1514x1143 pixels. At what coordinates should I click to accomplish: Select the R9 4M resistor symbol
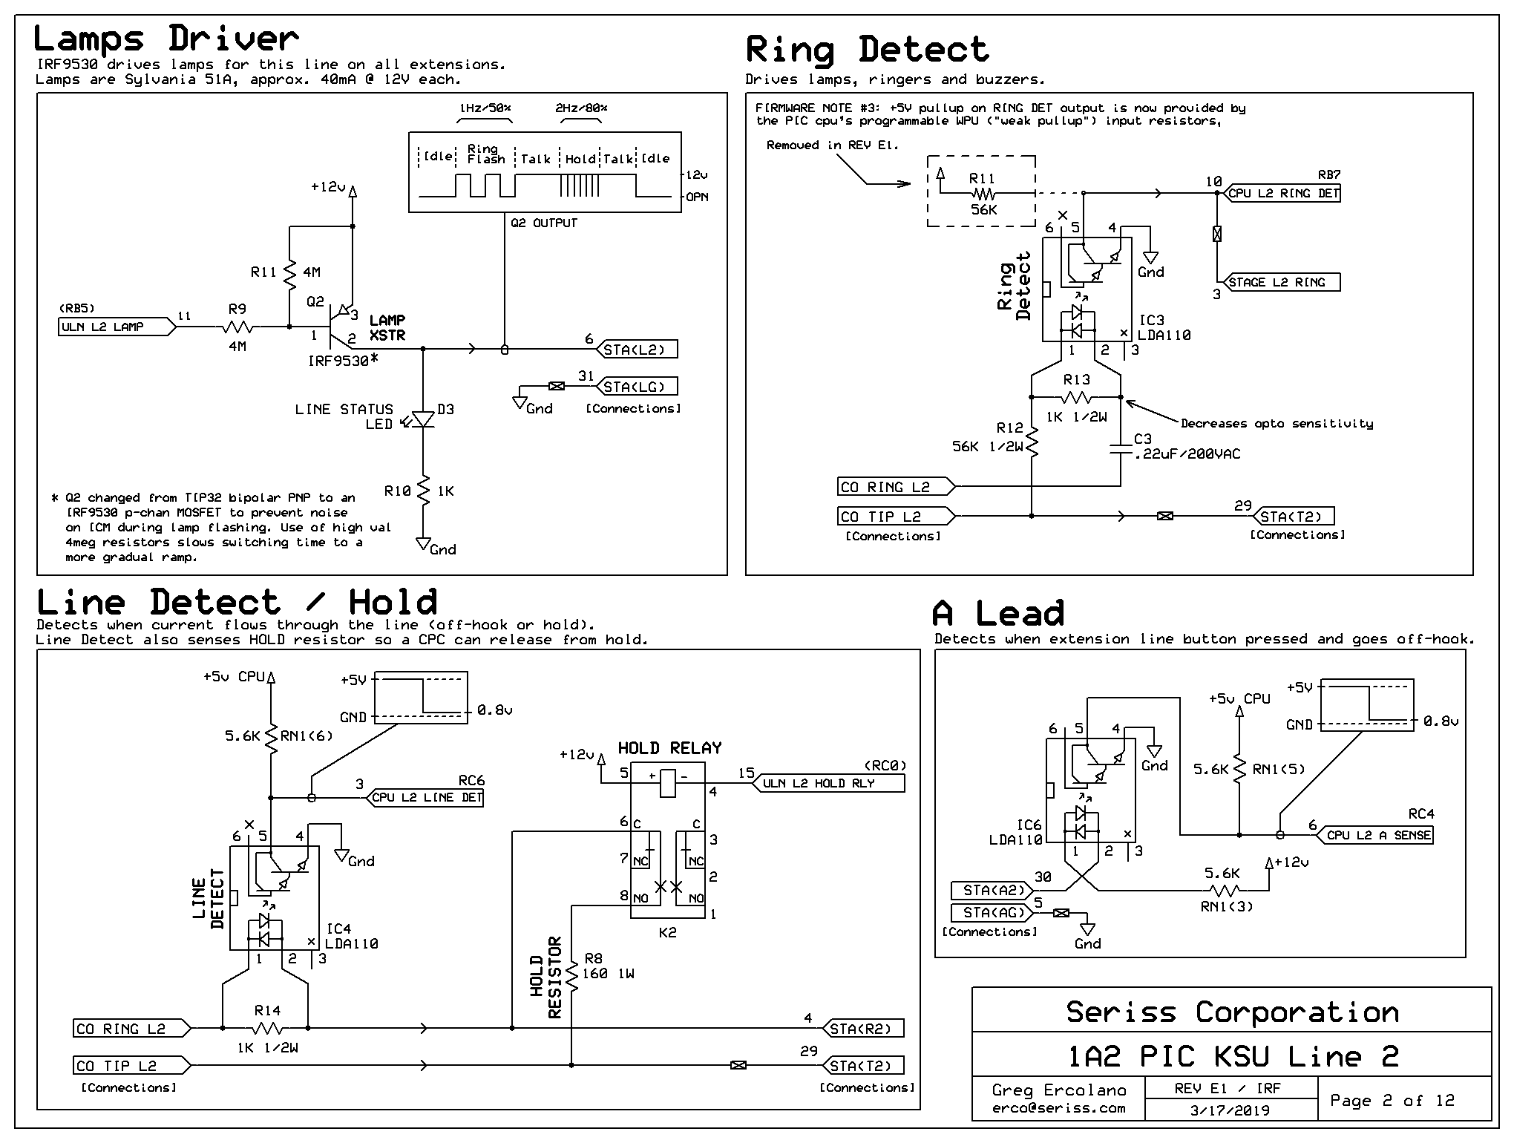[x=237, y=327]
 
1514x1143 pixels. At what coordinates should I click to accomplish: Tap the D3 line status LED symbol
[x=423, y=420]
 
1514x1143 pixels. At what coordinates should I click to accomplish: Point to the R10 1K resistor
[x=423, y=491]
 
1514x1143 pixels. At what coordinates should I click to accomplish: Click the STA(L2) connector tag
[x=636, y=350]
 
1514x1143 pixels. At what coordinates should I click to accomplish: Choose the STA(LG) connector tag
[x=636, y=387]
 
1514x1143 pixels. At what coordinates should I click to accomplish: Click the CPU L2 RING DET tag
[x=1282, y=193]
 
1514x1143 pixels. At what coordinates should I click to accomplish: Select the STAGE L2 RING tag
[x=1282, y=282]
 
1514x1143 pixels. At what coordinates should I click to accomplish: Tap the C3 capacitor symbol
[x=1121, y=448]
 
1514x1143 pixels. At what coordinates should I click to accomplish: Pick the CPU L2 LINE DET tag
[x=425, y=798]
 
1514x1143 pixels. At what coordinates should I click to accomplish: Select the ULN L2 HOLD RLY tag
[x=829, y=783]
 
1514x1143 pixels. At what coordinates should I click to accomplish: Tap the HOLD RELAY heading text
[x=669, y=748]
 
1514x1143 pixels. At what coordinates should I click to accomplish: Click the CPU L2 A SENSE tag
[x=1376, y=835]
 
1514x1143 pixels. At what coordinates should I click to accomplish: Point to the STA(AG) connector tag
[x=992, y=912]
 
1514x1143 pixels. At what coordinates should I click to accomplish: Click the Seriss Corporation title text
[x=1232, y=1012]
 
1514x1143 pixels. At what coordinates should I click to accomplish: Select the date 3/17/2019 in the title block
[x=1229, y=1110]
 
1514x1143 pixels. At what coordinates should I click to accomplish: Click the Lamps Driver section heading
[x=166, y=39]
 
